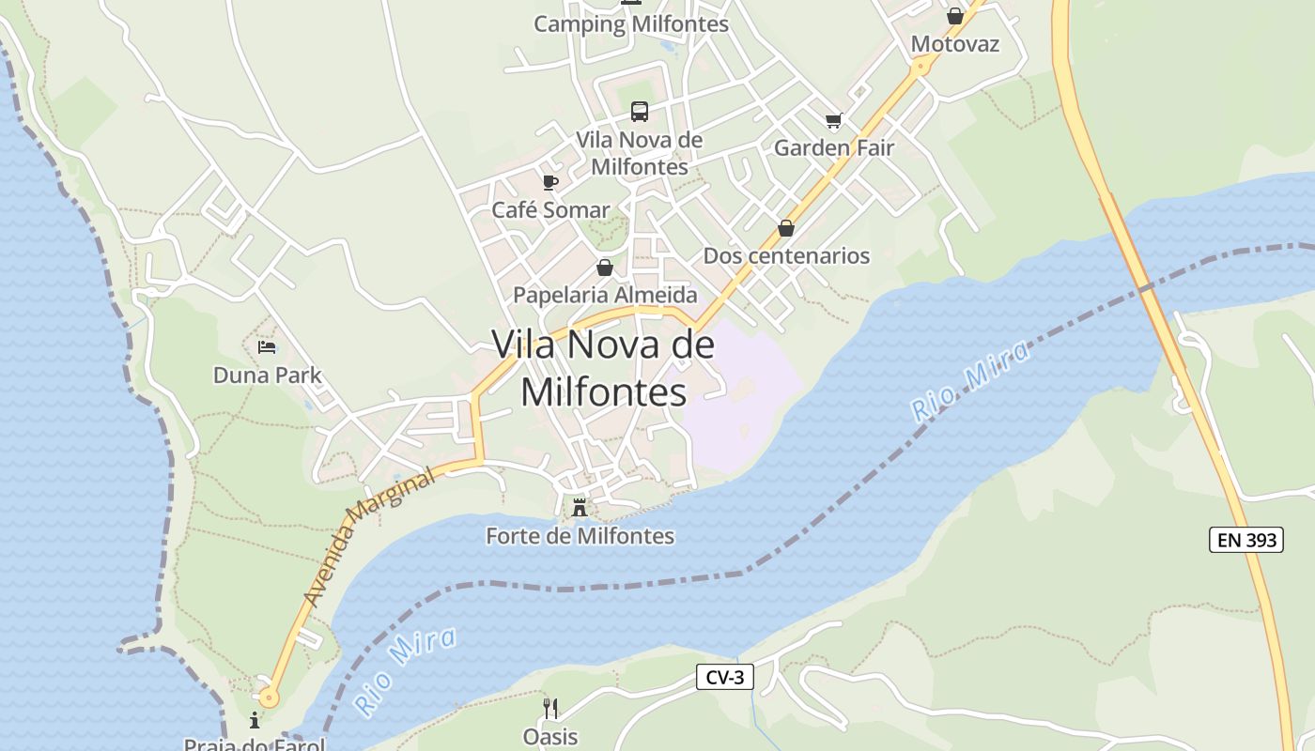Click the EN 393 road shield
[1245, 540]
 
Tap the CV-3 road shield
[725, 677]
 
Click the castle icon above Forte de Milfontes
[580, 509]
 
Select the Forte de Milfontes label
[580, 536]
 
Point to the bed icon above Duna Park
[267, 347]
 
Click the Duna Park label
[267, 375]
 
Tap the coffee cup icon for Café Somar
[550, 182]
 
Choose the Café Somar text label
[550, 209]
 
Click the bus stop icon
[640, 112]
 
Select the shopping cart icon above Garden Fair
[833, 120]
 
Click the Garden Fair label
[833, 147]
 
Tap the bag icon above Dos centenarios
[786, 228]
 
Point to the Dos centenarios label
[786, 255]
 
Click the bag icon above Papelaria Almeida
[605, 268]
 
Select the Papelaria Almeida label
[605, 295]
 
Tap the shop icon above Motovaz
[955, 16]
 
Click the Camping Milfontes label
[631, 24]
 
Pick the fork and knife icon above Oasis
[550, 709]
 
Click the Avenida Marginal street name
[370, 537]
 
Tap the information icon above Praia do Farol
[255, 721]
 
